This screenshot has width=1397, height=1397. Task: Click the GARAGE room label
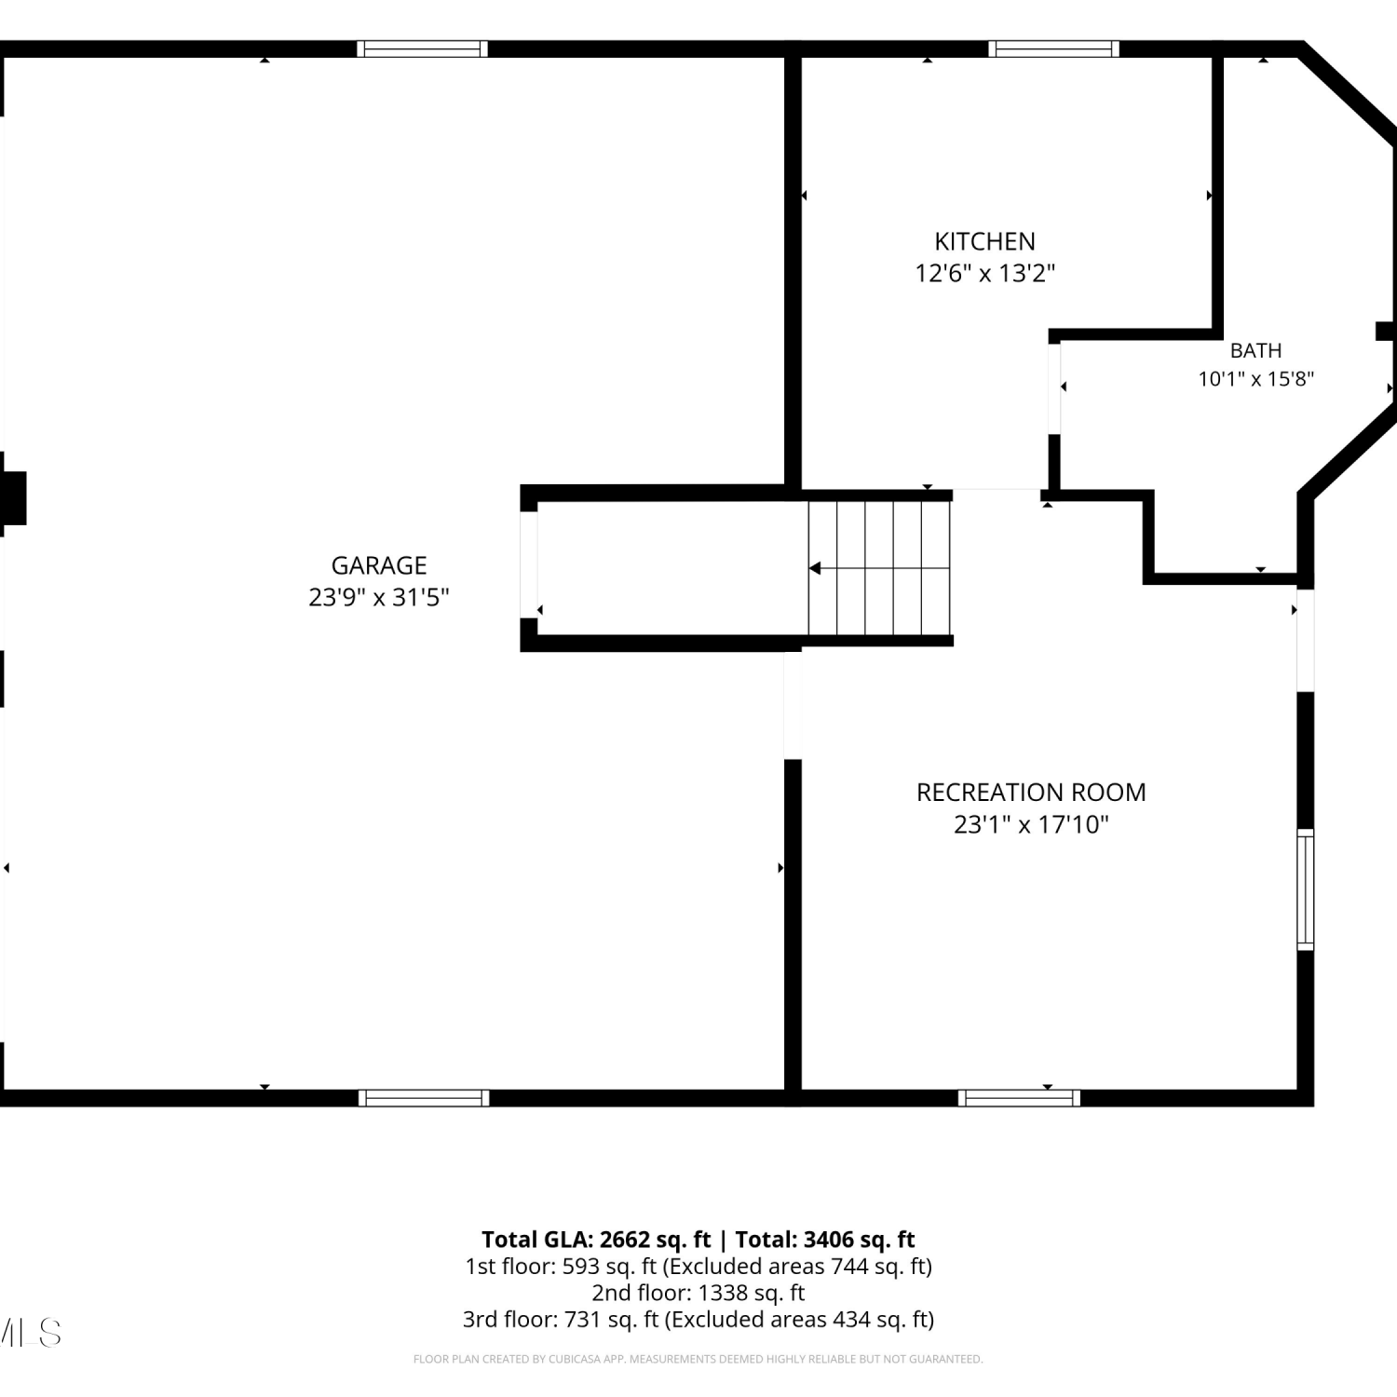[379, 565]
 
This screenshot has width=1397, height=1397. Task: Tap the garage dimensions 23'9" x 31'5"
[379, 597]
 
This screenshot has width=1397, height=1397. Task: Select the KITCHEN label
[984, 241]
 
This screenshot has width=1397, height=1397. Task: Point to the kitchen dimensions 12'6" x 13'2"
[984, 273]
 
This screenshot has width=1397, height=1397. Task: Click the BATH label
[1255, 350]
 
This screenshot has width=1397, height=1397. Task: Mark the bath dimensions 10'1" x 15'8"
[1255, 378]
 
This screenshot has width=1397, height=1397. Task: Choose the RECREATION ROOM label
[1031, 793]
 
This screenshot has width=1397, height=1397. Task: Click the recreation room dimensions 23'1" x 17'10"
[1031, 824]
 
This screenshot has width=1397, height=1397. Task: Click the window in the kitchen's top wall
[1053, 48]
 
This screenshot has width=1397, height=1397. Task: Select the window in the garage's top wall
[422, 48]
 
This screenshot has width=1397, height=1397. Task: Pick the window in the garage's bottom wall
[424, 1098]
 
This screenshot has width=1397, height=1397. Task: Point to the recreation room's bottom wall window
[1019, 1098]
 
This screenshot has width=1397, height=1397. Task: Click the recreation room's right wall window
[1306, 889]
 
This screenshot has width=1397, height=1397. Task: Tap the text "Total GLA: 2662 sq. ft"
[596, 1240]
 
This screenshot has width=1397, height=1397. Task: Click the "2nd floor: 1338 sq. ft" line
[698, 1293]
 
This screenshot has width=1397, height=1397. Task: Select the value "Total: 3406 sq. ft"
[825, 1240]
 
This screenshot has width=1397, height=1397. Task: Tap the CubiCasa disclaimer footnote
[698, 1360]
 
